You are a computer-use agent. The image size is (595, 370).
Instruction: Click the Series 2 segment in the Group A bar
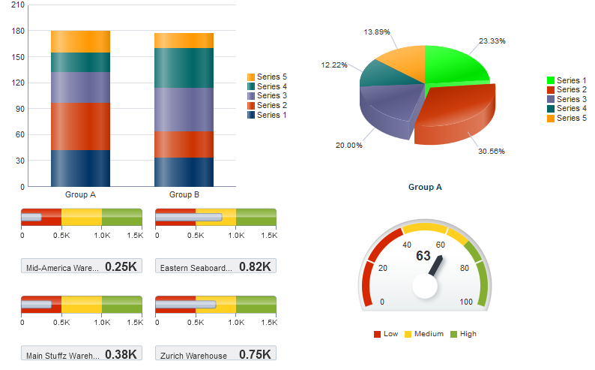coord(80,126)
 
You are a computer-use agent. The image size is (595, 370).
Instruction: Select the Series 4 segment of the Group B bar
coord(184,68)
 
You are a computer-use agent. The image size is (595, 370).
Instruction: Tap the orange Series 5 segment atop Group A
coord(80,41)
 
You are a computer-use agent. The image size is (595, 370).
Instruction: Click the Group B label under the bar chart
coord(184,195)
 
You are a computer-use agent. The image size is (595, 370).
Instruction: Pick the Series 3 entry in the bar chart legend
coord(271,96)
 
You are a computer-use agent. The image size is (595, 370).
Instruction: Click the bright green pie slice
coord(453,64)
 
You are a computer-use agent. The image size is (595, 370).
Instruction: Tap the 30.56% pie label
coord(491,152)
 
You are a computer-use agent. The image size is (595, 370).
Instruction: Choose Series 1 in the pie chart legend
coord(571,80)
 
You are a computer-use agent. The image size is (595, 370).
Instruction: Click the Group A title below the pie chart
coord(425,187)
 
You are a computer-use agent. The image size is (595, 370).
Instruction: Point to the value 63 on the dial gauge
coord(423,256)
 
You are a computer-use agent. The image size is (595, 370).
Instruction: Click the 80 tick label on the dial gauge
coord(464,268)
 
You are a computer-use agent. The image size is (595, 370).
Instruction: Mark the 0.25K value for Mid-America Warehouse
coord(121,266)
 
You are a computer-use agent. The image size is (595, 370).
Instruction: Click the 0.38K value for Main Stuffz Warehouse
coord(121,354)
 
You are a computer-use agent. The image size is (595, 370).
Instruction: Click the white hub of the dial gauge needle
coord(424,286)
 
